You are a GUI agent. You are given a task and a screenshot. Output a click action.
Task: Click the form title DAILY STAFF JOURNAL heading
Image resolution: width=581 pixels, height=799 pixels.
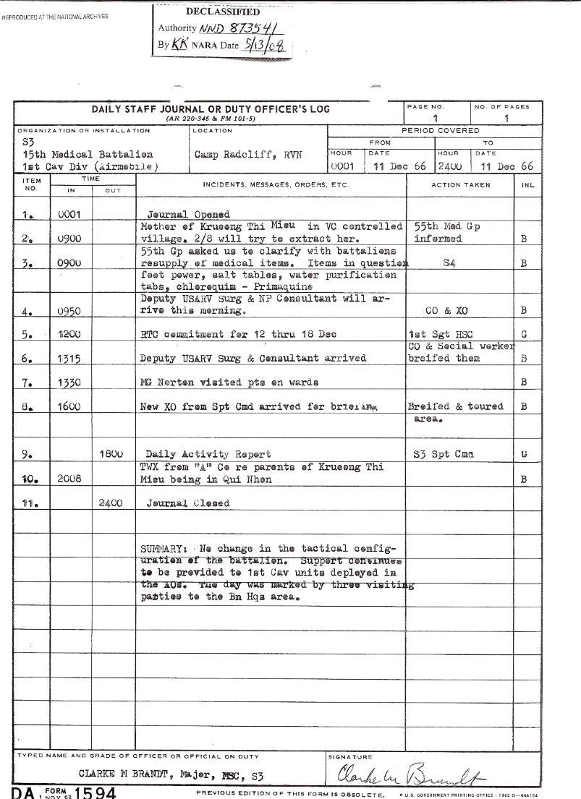[211, 109]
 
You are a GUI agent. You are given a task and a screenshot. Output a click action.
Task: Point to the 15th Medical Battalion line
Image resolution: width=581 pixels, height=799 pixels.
[88, 155]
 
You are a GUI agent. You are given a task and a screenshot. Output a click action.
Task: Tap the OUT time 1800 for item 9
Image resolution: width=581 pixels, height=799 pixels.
[112, 455]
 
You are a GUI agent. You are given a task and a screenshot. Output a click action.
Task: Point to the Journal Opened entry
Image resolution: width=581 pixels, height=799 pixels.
[188, 215]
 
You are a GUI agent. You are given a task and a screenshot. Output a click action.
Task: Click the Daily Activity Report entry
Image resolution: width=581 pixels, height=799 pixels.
[208, 455]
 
